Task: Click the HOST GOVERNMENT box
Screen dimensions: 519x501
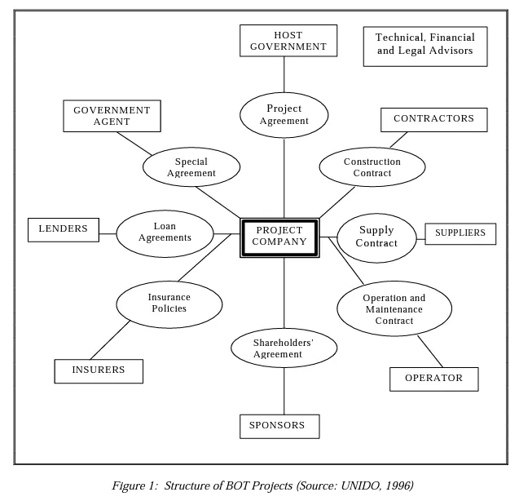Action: (288, 41)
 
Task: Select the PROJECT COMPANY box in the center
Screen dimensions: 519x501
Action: (279, 237)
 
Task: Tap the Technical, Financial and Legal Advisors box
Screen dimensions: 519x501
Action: (425, 47)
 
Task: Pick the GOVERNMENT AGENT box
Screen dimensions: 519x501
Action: (112, 116)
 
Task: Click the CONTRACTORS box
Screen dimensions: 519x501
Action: (434, 120)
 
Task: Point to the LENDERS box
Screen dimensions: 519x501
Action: (64, 230)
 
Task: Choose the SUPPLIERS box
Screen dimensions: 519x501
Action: (460, 233)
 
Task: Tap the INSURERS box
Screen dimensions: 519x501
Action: (99, 371)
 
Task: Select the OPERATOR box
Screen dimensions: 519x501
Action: (434, 379)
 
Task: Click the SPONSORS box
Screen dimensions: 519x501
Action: (279, 426)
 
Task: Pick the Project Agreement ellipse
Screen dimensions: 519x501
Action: (284, 115)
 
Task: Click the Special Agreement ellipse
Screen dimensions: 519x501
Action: (191, 166)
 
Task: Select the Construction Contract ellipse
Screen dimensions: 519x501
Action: (372, 166)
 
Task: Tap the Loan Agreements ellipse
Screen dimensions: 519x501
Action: (165, 233)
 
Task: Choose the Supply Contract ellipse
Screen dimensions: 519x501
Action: (376, 237)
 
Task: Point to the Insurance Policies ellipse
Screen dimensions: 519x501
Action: (169, 304)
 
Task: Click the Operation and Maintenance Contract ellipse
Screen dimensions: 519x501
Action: (394, 308)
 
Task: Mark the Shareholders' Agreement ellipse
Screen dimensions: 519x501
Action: (284, 348)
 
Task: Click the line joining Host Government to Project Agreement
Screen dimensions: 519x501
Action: (284, 74)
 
